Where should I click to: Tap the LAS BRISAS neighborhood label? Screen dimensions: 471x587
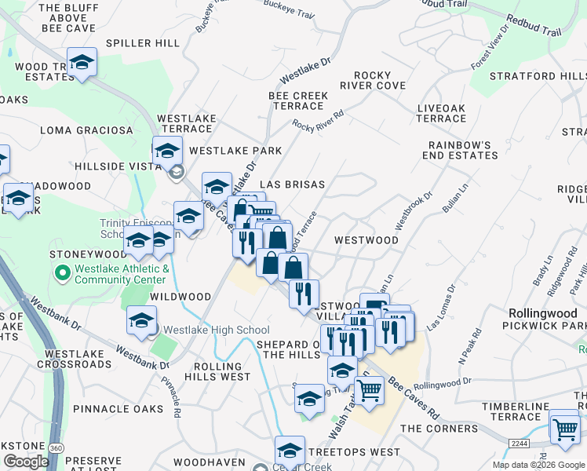click(x=292, y=184)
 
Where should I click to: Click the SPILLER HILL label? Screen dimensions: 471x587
click(x=143, y=43)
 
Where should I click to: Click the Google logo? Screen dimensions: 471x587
click(x=26, y=462)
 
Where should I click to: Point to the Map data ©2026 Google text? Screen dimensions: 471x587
click(x=538, y=465)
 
